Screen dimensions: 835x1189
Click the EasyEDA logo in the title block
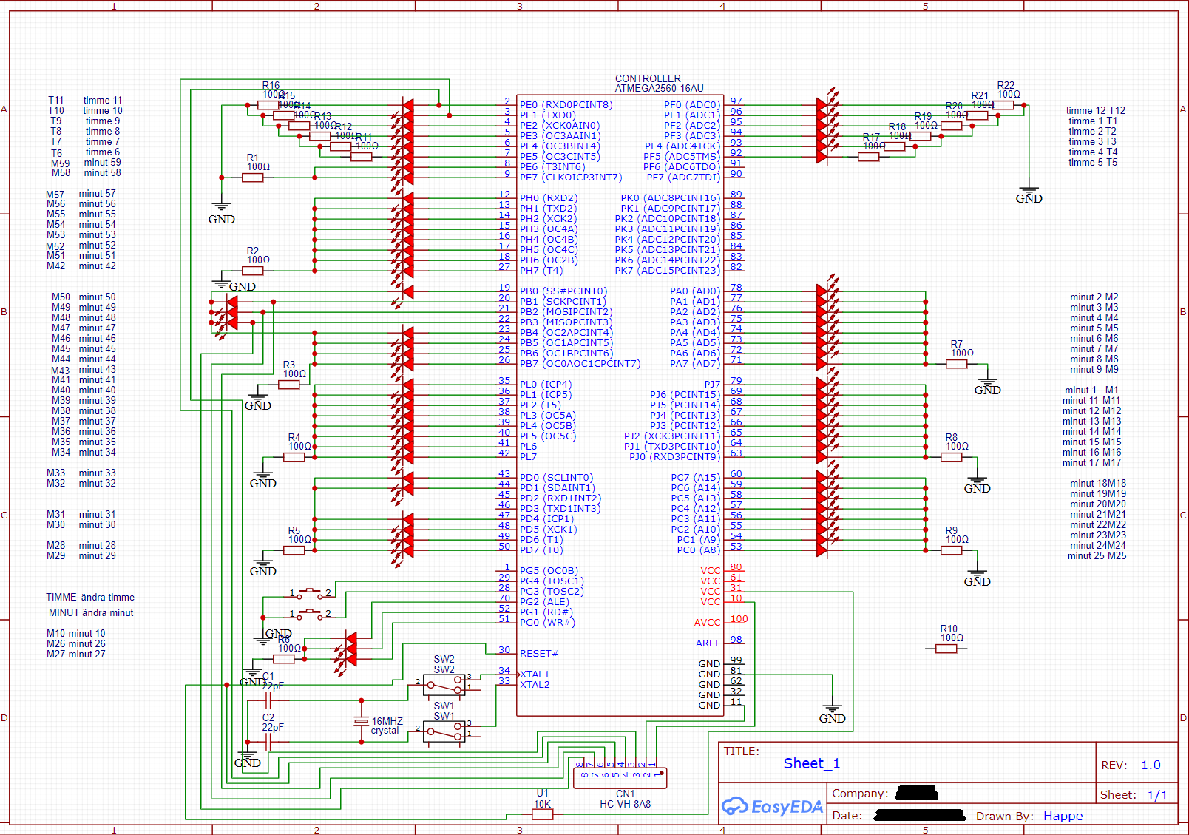pos(772,806)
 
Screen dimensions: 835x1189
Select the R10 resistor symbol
pos(946,649)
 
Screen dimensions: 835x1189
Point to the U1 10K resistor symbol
pos(543,814)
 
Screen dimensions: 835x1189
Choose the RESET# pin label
pos(539,654)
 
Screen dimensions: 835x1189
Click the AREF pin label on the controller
pos(708,643)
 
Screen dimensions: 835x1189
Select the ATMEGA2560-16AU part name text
pos(659,89)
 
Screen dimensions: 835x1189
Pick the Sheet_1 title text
pos(811,763)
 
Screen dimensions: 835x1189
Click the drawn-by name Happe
pos(1063,816)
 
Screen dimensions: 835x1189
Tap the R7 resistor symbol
pos(956,363)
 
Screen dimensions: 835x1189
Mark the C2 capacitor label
pos(268,717)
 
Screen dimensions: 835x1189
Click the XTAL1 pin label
pos(535,675)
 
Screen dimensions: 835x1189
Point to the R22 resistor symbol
pos(1003,105)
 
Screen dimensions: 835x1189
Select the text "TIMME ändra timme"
pos(90,597)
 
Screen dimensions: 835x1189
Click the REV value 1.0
pos(1151,765)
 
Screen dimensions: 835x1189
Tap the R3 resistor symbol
pos(288,384)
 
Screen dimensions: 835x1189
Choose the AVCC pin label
pos(707,623)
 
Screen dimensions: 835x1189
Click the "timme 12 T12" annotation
pos(1095,110)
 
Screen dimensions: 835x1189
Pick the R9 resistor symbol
pos(951,550)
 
